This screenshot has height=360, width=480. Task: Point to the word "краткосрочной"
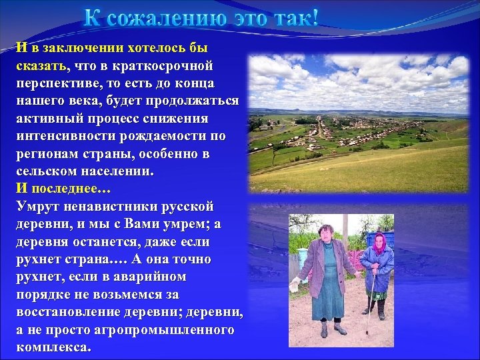point(169,65)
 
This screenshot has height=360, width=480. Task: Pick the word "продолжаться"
point(193,100)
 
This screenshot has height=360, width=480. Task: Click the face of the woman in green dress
point(327,233)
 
